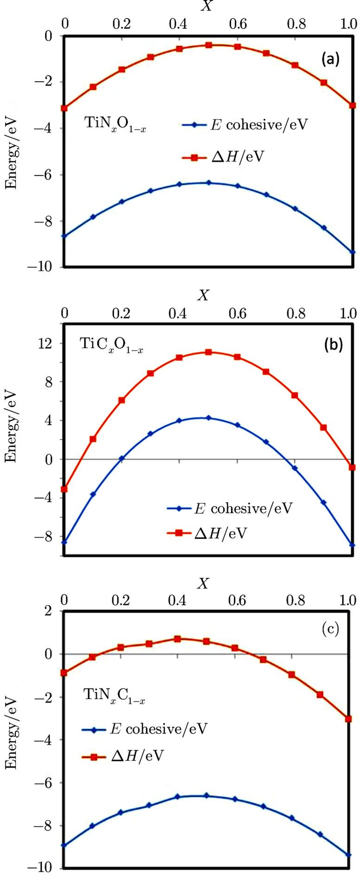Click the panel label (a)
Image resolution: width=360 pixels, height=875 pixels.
coord(331,59)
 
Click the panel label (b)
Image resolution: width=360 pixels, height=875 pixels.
coord(333,345)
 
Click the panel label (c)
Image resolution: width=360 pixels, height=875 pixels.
coord(330,629)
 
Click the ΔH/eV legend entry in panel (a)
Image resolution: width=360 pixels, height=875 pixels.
coord(223,157)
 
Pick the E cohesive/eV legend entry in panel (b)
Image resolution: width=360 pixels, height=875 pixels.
coord(230,508)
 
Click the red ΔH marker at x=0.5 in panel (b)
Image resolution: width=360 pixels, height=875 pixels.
coord(209,352)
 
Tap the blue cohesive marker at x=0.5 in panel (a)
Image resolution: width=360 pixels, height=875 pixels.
coord(209,183)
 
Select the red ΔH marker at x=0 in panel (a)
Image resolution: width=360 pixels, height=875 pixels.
coord(64,108)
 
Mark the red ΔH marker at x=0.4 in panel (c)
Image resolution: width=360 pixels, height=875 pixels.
coord(177,639)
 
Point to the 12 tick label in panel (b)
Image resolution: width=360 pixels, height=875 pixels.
coord(45,343)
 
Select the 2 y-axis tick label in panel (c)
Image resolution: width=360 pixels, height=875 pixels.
coord(49,611)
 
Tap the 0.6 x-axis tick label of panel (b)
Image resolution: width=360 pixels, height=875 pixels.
coord(238,313)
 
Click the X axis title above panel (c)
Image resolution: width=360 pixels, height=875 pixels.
coord(203,584)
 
